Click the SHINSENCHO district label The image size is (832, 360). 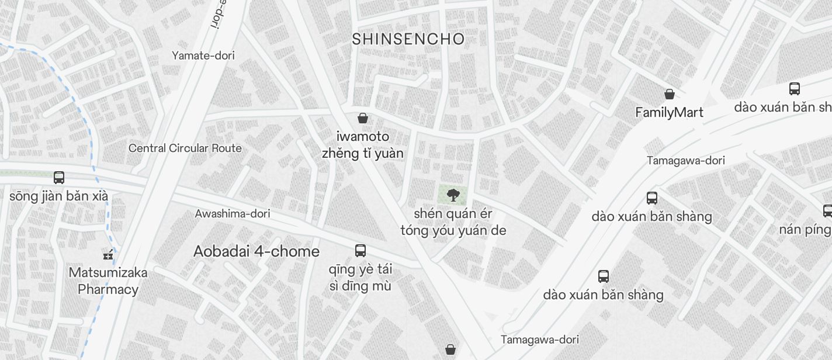[x=408, y=39]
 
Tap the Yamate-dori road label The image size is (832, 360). [x=203, y=56]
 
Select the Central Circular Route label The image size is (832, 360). [x=185, y=148]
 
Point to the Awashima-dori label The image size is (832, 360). [x=233, y=214]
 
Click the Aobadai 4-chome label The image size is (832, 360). [x=256, y=252]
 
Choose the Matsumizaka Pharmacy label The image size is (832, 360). [x=108, y=281]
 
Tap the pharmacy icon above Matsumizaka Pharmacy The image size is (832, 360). [x=108, y=255]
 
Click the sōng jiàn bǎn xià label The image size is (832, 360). [x=58, y=196]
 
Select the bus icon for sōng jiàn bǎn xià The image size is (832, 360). [x=59, y=177]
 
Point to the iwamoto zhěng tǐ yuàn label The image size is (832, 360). [x=363, y=145]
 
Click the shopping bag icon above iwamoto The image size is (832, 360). [x=363, y=118]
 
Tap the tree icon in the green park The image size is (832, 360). [x=452, y=195]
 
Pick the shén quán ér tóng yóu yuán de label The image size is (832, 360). [x=453, y=222]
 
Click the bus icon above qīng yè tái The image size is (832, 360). [x=360, y=251]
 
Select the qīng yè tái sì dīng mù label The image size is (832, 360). [x=360, y=278]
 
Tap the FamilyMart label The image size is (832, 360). [x=669, y=113]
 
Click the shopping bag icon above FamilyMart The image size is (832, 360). [x=670, y=94]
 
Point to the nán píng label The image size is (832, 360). [x=806, y=230]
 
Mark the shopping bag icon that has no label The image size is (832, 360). [x=450, y=349]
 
